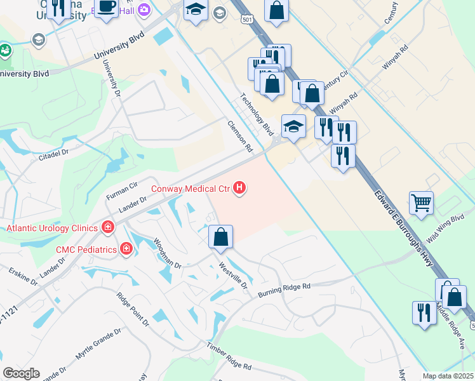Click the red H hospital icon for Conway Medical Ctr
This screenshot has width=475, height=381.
(239, 188)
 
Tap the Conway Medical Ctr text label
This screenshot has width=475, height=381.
(191, 189)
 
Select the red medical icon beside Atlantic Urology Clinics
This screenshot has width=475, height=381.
(108, 227)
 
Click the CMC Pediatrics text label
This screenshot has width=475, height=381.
(86, 249)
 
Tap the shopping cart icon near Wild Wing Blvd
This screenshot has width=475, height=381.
(421, 203)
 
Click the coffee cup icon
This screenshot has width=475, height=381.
(107, 7)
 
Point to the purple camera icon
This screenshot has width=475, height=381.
(144, 9)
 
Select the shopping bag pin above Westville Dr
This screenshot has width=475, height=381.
(220, 237)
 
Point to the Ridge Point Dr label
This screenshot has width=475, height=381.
(132, 311)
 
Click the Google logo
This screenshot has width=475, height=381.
(21, 373)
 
